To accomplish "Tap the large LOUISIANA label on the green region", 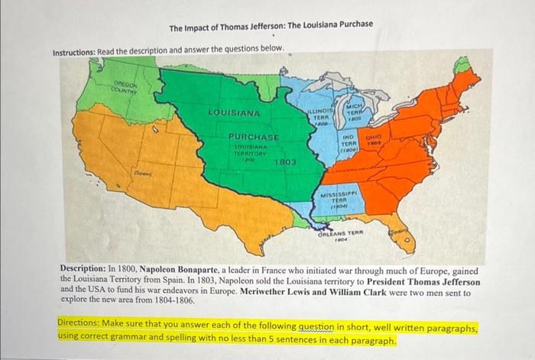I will pos(234,114).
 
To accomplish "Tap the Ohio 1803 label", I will pos(377,141).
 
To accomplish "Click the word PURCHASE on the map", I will pos(253,135).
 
